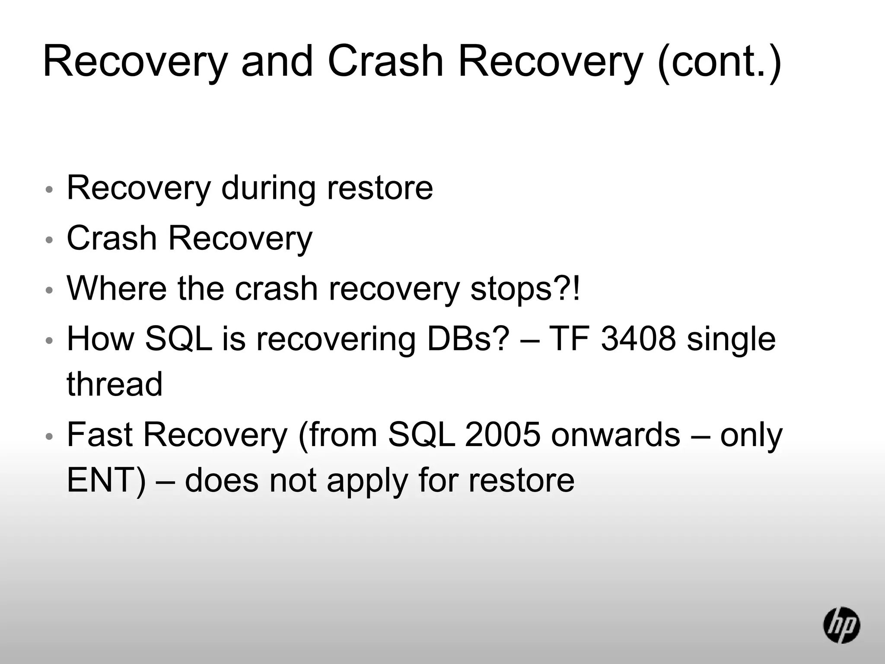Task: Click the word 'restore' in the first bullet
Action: pyautogui.click(x=380, y=188)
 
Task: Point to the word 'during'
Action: pyautogui.click(x=268, y=188)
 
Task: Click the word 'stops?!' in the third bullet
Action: pyautogui.click(x=525, y=289)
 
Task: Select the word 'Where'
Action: pyautogui.click(x=116, y=289)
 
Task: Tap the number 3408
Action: pyautogui.click(x=638, y=339)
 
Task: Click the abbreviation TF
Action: pyautogui.click(x=568, y=339)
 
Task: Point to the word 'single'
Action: pyautogui.click(x=731, y=339)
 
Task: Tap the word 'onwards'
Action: pyautogui.click(x=616, y=434)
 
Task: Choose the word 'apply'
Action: pyautogui.click(x=367, y=481)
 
